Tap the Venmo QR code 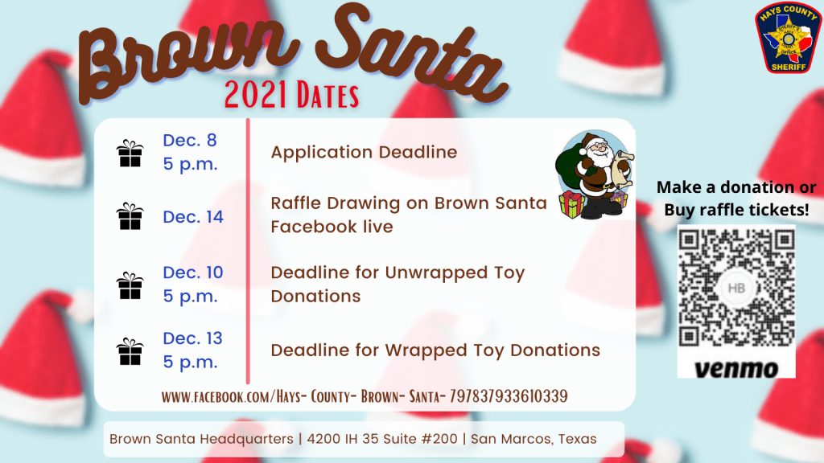pyautogui.click(x=736, y=288)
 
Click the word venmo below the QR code pyautogui.click(x=735, y=369)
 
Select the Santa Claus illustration pyautogui.click(x=595, y=174)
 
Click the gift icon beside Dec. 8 pyautogui.click(x=130, y=154)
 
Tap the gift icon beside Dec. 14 pyautogui.click(x=130, y=216)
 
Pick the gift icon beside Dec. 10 pyautogui.click(x=130, y=285)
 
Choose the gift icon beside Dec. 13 pyautogui.click(x=130, y=352)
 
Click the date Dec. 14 pyautogui.click(x=193, y=217)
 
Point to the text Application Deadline pyautogui.click(x=364, y=152)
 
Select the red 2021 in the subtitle pyautogui.click(x=256, y=95)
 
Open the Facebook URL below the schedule pyautogui.click(x=365, y=396)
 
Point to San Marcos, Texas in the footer pyautogui.click(x=534, y=439)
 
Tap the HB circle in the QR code pyautogui.click(x=736, y=289)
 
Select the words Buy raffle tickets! pyautogui.click(x=736, y=210)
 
